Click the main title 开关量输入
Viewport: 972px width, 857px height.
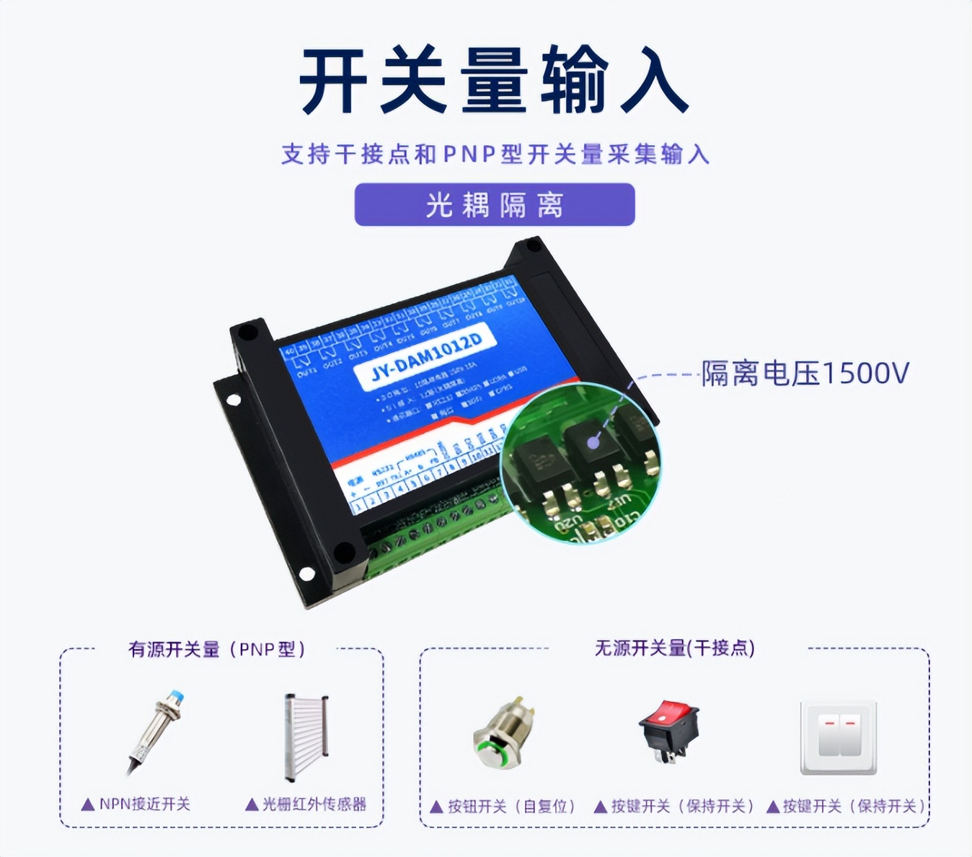click(494, 81)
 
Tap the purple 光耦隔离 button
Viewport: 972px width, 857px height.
click(494, 205)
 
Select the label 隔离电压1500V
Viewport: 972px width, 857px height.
click(805, 374)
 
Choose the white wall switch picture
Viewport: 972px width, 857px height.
click(839, 737)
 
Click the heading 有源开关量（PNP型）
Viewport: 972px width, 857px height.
click(216, 649)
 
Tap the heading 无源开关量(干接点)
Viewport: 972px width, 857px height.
click(674, 648)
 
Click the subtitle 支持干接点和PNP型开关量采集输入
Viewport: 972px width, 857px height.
click(495, 154)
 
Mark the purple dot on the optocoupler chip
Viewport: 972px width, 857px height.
click(593, 441)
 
